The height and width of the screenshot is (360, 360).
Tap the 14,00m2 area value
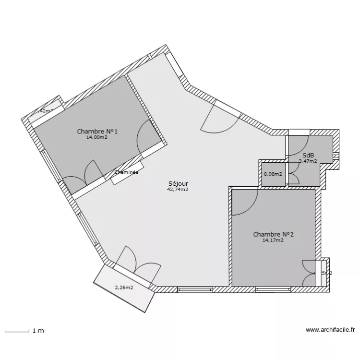tap(96, 137)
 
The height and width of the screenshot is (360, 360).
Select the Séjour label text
tap(178, 183)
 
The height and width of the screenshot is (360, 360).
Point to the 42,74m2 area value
tap(178, 190)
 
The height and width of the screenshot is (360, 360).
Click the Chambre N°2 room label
tap(273, 234)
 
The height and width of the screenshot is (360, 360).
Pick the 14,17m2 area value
tap(273, 240)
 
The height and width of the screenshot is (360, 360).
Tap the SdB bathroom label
tap(308, 155)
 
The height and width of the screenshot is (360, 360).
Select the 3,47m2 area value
tap(308, 161)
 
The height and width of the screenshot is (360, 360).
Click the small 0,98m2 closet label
tap(273, 174)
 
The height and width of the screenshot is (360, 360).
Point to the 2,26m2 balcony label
tap(124, 288)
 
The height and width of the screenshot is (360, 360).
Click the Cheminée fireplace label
tap(127, 172)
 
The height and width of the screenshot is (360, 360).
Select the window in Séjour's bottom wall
tap(194, 289)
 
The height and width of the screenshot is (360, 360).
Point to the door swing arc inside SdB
tap(298, 146)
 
